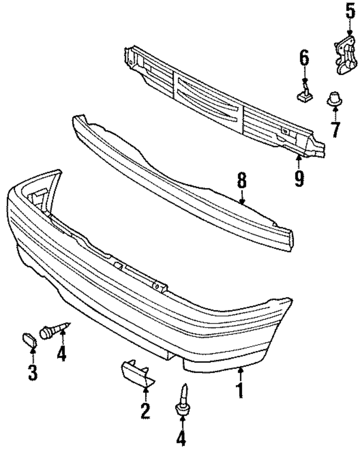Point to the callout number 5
(x=350, y=11)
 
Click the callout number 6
(x=304, y=59)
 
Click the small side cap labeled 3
(x=29, y=339)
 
